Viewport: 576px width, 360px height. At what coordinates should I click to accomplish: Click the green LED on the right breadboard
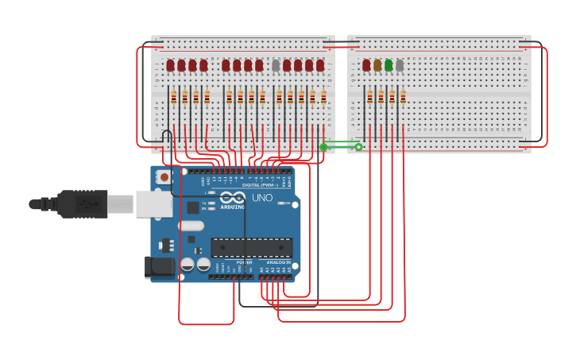point(389,65)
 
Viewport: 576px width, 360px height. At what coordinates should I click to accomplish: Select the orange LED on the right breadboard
point(377,65)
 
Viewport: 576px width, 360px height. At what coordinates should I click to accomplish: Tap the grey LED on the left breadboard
point(276,65)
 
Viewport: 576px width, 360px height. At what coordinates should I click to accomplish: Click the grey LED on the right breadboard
point(400,65)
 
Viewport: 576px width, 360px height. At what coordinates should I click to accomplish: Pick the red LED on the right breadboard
point(366,65)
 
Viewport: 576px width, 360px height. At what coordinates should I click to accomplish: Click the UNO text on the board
point(262,198)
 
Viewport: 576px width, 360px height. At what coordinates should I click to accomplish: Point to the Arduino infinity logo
point(233,197)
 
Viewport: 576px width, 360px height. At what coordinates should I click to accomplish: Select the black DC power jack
point(160,268)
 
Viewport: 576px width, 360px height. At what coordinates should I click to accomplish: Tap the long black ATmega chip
point(251,247)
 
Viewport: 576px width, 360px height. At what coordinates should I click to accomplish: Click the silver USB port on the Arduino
point(153,203)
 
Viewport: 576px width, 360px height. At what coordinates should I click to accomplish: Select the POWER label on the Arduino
point(244,262)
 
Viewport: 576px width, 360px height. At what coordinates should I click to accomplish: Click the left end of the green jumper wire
point(323,147)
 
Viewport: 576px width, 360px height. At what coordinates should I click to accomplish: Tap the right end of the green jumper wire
point(358,147)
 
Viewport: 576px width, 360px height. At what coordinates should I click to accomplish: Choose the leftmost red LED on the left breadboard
point(170,65)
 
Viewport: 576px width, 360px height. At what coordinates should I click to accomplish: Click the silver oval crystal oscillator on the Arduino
point(191,226)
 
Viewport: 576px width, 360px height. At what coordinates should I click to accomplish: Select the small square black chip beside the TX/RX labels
point(193,207)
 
